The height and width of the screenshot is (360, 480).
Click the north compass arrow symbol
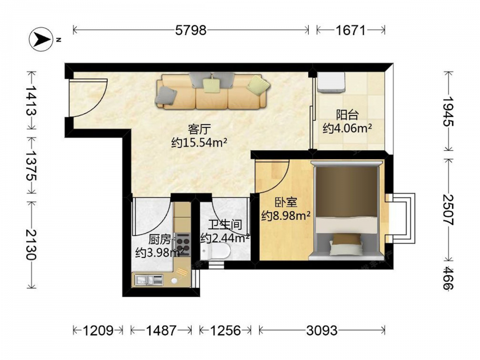point(41,39)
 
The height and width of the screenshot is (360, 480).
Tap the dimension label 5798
point(191,30)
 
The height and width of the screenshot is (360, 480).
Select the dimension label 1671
point(350,30)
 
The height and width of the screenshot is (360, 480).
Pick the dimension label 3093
point(322,330)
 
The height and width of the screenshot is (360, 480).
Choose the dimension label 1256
point(225,330)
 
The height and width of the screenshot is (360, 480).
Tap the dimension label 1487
point(161,330)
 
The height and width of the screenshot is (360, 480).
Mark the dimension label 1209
point(98,330)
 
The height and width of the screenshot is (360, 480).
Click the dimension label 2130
point(31,244)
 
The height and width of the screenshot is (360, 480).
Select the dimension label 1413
point(31,100)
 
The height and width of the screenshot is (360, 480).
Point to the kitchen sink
point(149,280)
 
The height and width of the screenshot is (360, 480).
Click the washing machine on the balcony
point(331,82)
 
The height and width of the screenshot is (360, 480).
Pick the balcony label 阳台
point(347,115)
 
